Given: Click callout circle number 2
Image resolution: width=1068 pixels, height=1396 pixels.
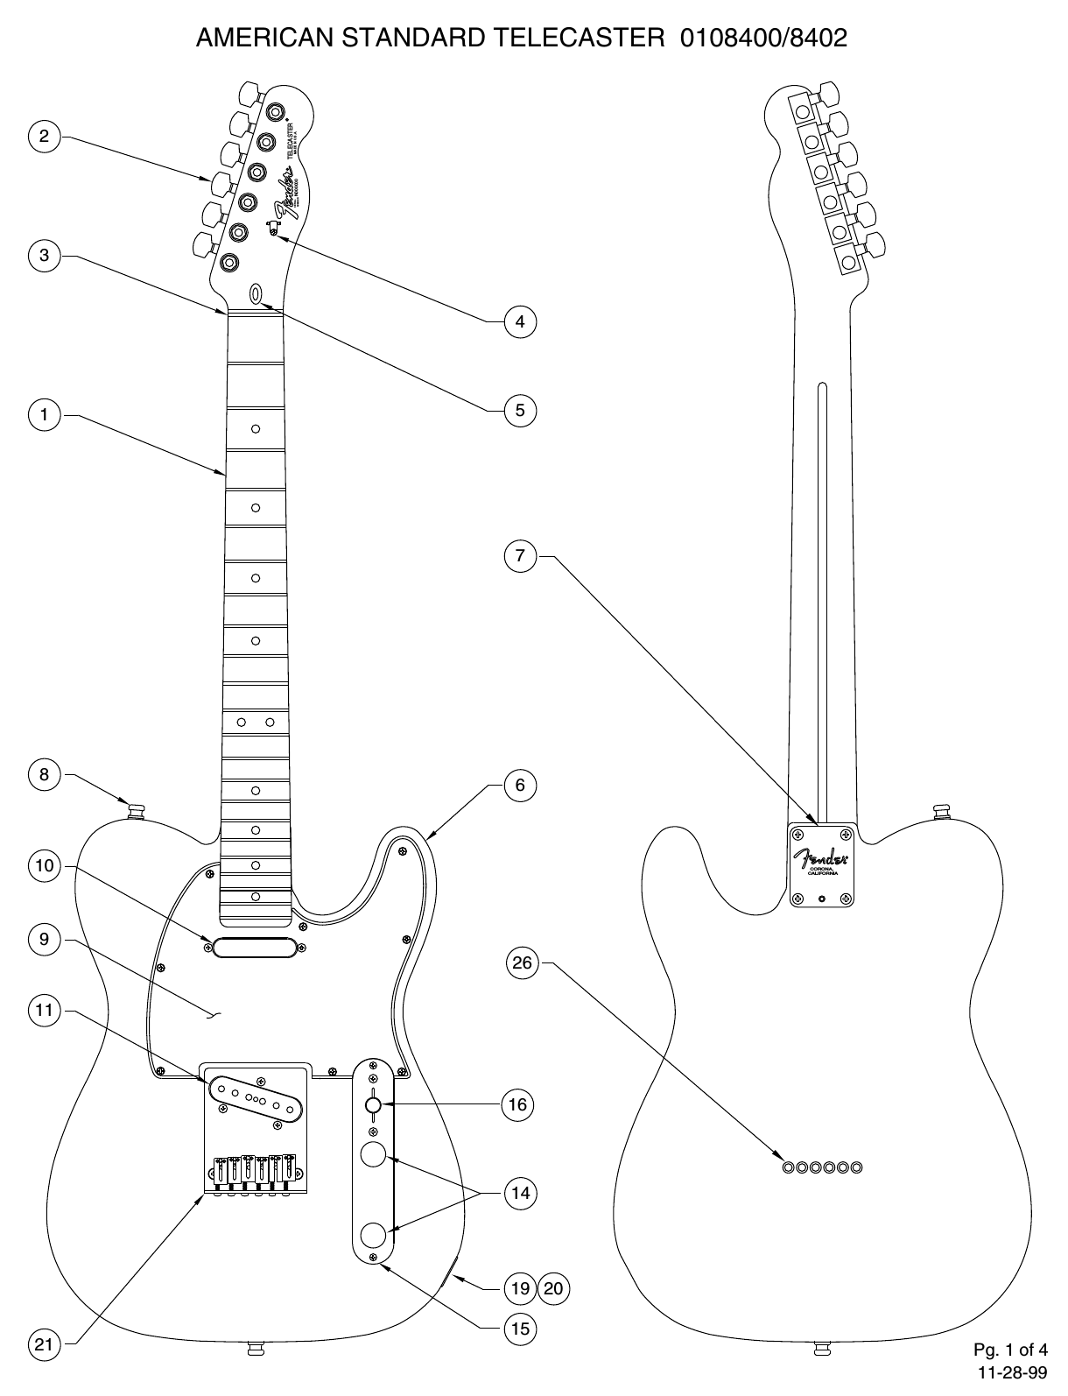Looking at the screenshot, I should pyautogui.click(x=44, y=136).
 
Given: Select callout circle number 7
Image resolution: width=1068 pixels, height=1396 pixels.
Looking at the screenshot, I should pyautogui.click(x=520, y=556).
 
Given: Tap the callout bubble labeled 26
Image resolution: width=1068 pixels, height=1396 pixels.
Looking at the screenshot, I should pyautogui.click(x=522, y=963).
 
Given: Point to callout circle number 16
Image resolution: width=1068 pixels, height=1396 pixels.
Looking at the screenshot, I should pyautogui.click(x=518, y=1104).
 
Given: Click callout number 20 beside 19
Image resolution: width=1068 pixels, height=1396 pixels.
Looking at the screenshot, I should pyautogui.click(x=553, y=1287).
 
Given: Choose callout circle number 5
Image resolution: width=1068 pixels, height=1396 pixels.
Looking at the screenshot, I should pyautogui.click(x=520, y=409).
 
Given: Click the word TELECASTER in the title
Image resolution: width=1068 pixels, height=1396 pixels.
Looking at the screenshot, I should pyautogui.click(x=578, y=38).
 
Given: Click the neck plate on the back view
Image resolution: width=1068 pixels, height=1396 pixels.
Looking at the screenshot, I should pyautogui.click(x=821, y=864).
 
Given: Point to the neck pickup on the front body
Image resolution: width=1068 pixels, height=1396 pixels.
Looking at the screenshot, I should pyautogui.click(x=256, y=947).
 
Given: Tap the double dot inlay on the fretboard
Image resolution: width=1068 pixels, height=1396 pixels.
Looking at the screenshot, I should pyautogui.click(x=256, y=722).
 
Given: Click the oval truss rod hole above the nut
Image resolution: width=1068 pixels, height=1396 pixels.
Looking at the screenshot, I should pyautogui.click(x=256, y=293).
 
